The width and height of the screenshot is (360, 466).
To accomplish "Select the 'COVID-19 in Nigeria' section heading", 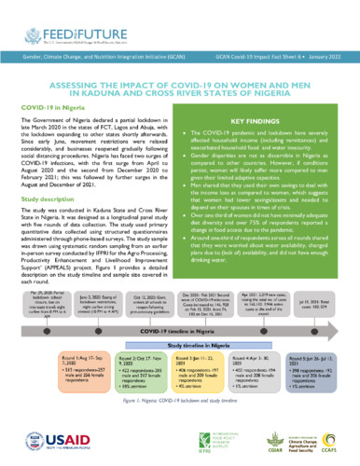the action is tap(55, 134).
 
